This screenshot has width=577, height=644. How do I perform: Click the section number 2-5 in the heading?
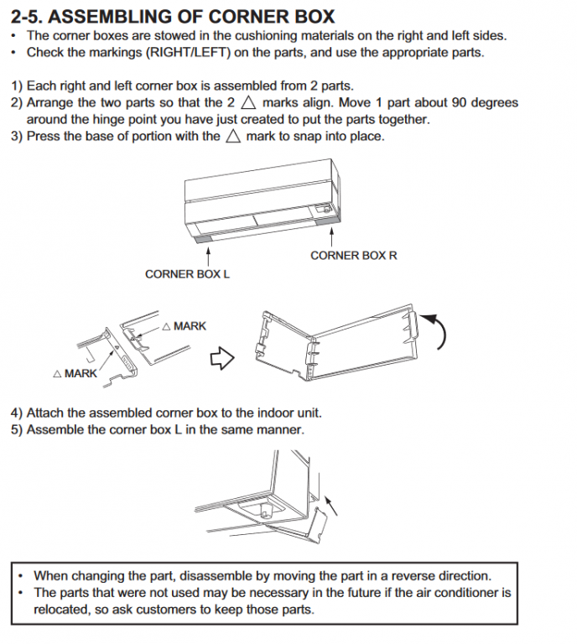30,16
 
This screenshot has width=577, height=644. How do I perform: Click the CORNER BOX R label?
353,255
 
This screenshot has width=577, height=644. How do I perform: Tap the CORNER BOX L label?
187,274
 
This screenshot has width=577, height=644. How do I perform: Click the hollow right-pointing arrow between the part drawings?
221,358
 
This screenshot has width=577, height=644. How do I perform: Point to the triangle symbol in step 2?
247,103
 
